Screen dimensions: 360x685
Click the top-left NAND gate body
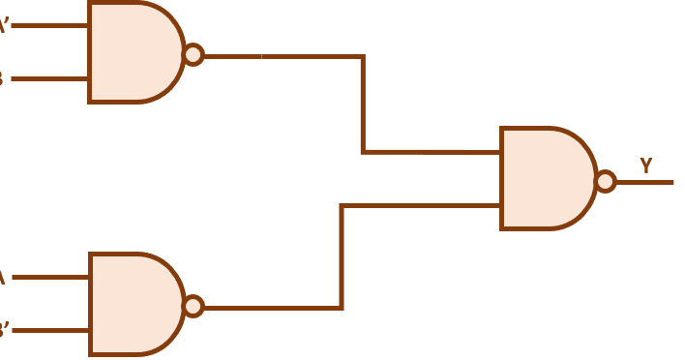134,52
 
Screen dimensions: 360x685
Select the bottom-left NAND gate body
134,304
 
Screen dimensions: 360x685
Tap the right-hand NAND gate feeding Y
546,179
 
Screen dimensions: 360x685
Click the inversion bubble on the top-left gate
193,54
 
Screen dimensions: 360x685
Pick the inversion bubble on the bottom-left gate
193,306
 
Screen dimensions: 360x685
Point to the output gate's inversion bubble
605,181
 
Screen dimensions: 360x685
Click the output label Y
645,165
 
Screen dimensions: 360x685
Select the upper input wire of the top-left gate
48,25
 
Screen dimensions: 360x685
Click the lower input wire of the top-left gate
48,78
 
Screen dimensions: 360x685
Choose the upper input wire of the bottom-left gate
48,278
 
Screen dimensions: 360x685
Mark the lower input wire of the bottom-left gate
48,330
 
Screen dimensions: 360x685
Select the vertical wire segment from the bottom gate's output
342,256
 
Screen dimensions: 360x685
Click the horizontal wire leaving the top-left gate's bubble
281,56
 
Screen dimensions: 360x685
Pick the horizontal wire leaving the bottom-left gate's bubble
271,308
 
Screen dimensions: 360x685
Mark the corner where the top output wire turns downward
363,56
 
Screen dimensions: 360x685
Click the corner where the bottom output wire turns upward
342,308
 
